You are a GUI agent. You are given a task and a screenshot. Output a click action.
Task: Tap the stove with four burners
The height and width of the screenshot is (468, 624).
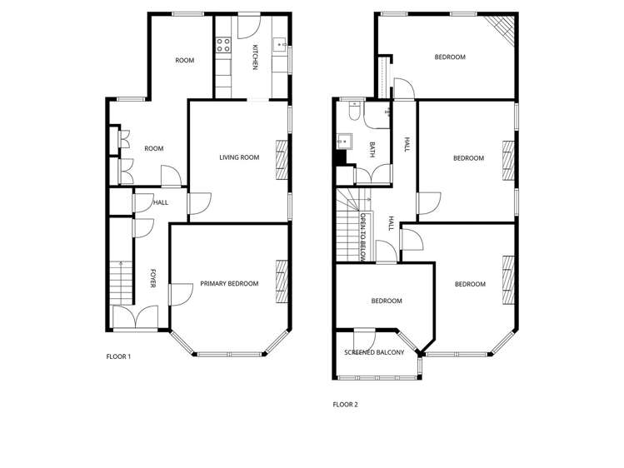(x=223, y=47)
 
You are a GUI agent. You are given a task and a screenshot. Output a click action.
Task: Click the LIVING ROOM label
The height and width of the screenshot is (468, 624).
(x=239, y=157)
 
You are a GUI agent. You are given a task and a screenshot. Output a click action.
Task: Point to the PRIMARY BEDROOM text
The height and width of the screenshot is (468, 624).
(x=229, y=284)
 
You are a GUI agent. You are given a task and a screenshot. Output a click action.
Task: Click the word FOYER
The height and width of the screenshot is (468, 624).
(x=153, y=278)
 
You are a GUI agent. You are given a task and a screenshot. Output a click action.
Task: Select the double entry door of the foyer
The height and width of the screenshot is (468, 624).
(x=135, y=317)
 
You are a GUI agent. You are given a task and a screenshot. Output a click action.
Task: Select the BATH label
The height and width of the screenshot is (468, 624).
(x=372, y=150)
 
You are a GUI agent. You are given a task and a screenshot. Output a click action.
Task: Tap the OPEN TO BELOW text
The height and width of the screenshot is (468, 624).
(x=362, y=237)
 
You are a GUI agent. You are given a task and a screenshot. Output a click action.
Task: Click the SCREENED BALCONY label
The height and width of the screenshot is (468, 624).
(x=374, y=352)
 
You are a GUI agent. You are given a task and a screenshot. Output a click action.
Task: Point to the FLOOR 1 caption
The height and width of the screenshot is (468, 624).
(x=118, y=356)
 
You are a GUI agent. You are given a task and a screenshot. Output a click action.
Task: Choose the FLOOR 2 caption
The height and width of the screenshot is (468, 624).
(x=345, y=405)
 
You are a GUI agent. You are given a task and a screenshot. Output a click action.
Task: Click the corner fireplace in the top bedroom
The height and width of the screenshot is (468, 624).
(x=503, y=31)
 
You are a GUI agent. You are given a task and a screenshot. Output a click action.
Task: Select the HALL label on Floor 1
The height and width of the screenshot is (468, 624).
(x=160, y=202)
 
